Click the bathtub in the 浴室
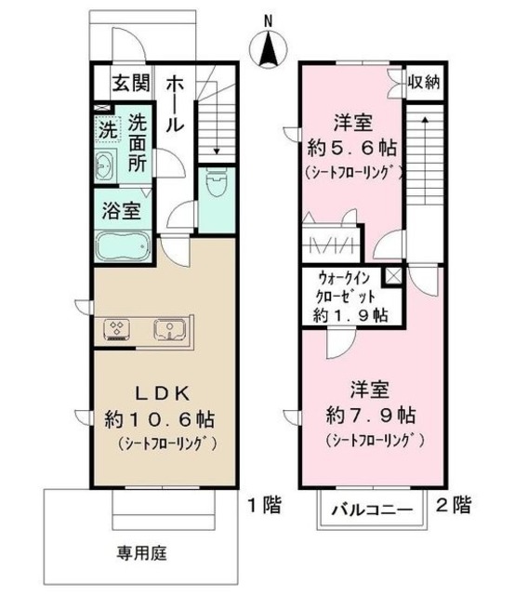tap(123, 246)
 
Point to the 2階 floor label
tap(453, 506)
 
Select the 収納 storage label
tap(424, 83)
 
